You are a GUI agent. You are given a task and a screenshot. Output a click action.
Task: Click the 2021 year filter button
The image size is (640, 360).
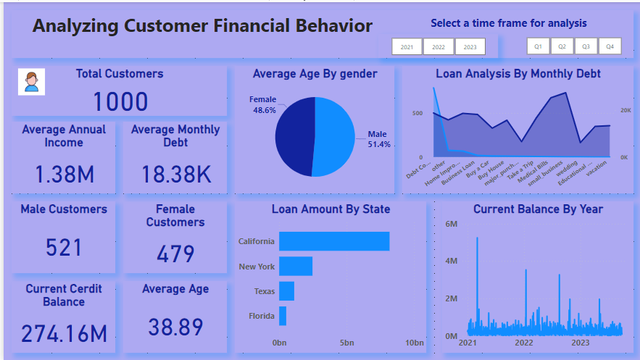click(x=407, y=47)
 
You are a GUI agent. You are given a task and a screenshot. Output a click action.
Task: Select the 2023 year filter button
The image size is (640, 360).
click(x=470, y=47)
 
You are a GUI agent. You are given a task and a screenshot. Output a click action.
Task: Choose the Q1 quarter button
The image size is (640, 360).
click(x=538, y=46)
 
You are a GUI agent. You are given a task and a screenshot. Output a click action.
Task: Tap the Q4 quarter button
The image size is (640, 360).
click(x=610, y=46)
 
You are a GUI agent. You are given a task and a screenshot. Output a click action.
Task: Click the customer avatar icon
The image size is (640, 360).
click(x=32, y=82)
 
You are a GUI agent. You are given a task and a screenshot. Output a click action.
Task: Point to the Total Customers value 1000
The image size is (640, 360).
click(x=120, y=102)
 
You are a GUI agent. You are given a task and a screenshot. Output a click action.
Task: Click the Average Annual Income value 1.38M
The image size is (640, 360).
click(x=64, y=174)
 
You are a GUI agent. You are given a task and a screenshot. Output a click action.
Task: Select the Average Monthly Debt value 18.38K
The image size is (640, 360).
click(x=175, y=174)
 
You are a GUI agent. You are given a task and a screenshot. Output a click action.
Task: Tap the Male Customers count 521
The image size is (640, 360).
click(x=64, y=248)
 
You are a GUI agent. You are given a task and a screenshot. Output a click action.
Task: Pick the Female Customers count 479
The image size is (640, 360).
click(x=175, y=254)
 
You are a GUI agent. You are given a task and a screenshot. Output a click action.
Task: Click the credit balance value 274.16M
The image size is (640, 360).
click(x=64, y=333)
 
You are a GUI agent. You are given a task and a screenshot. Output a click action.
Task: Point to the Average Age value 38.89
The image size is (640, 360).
click(x=175, y=327)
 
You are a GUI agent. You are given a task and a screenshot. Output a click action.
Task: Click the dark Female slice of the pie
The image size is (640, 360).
click(x=294, y=136)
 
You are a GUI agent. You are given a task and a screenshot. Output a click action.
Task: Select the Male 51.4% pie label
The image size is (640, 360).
click(x=378, y=139)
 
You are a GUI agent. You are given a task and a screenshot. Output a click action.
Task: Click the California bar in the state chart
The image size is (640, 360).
click(x=334, y=241)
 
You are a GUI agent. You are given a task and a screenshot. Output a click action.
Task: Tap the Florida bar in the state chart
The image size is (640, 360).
click(x=283, y=316)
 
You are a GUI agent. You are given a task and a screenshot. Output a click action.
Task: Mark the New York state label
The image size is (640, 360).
click(x=257, y=267)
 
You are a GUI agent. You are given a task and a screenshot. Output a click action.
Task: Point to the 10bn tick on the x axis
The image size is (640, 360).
click(x=414, y=343)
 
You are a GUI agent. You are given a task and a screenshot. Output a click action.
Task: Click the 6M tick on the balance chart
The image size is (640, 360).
click(x=450, y=224)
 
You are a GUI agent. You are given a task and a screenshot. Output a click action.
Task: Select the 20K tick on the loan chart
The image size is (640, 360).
click(x=625, y=111)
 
